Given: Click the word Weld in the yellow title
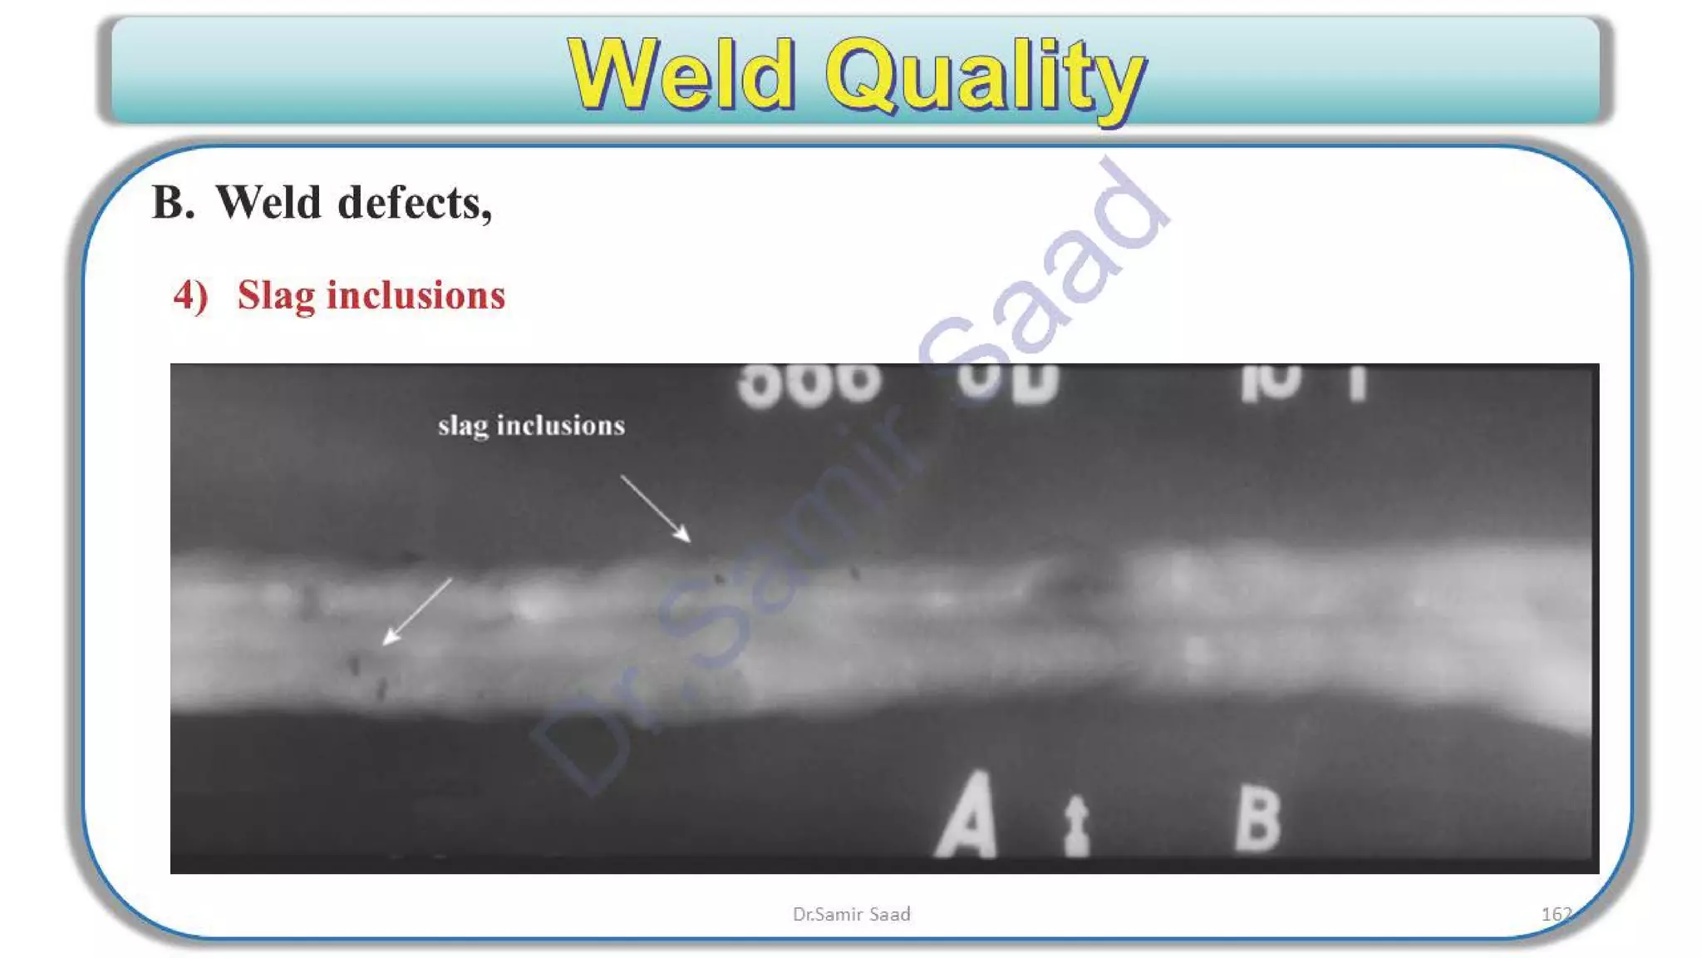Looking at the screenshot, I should [x=681, y=75].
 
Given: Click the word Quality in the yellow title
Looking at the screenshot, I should [x=985, y=77].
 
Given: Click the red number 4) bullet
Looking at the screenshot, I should [x=190, y=295].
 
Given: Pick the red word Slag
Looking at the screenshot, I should [x=276, y=296].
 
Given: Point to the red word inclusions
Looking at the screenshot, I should [x=416, y=295].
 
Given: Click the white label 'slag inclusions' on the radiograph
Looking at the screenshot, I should [x=531, y=426].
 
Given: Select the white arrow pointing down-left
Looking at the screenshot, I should [x=416, y=612].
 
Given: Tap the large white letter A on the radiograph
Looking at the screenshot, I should [x=967, y=817].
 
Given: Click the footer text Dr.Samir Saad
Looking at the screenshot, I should [x=851, y=914].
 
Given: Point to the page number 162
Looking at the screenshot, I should [x=1556, y=914].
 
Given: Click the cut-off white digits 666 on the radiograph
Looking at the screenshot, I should [x=809, y=384].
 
